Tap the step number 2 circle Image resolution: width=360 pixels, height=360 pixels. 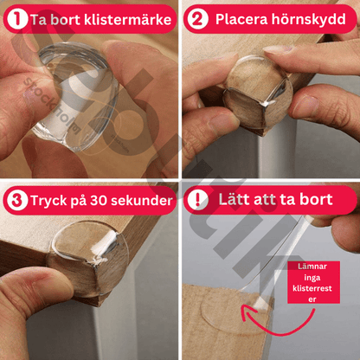click(x=198, y=18)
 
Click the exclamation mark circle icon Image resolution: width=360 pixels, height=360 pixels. click(x=198, y=201)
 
